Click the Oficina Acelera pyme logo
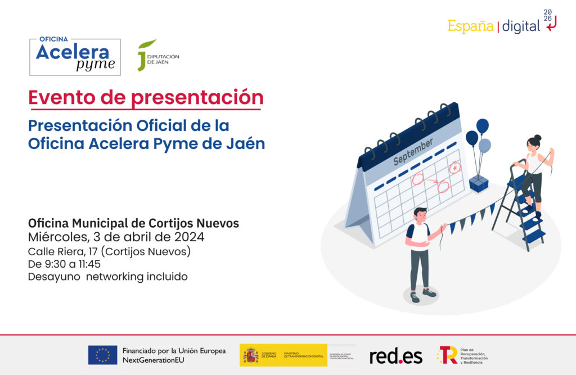(75, 57)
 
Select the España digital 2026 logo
(502, 22)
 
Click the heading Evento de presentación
(146, 97)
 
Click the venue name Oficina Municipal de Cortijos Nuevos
(133, 223)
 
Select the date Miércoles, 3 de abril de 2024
(116, 237)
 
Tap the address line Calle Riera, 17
(109, 251)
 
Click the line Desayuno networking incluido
(107, 277)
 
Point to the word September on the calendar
(413, 152)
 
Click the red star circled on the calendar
(454, 167)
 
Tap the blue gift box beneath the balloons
(479, 183)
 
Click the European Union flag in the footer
(102, 355)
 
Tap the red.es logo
(395, 355)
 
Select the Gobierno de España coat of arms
(250, 355)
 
